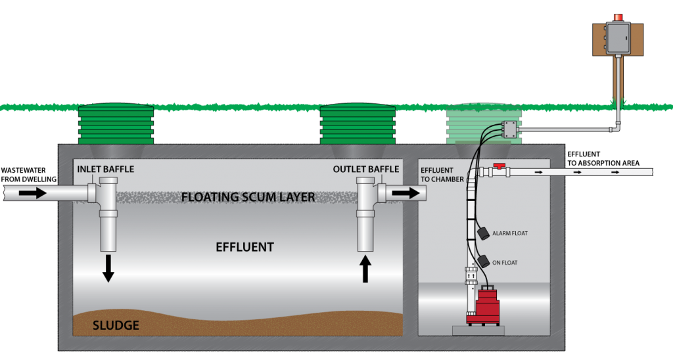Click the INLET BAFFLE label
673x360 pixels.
point(105,169)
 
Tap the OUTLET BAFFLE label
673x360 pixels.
point(365,169)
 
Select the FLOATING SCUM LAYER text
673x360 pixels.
point(248,197)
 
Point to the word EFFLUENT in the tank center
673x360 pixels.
point(244,248)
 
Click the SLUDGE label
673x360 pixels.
point(116,325)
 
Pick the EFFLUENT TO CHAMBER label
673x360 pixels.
point(442,175)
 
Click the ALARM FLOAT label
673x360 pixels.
point(509,233)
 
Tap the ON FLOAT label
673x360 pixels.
point(505,263)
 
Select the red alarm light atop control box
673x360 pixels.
point(618,17)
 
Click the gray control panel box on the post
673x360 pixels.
point(618,37)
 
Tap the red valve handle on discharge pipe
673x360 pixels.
point(501,167)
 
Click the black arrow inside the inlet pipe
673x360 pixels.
point(32,193)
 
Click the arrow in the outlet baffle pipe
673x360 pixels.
point(405,193)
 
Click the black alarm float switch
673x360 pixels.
point(483,233)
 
